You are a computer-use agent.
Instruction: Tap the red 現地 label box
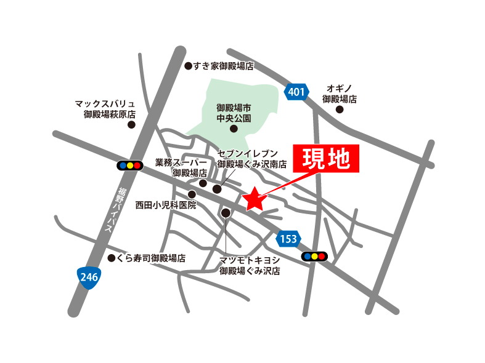coord(325,159)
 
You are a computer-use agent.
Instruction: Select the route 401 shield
coord(296,92)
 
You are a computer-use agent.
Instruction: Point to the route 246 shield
coord(89,277)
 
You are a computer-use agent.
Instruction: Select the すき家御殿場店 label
coord(224,66)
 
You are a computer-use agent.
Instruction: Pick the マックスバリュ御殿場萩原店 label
coord(105,109)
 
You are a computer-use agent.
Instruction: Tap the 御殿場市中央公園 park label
coord(234,112)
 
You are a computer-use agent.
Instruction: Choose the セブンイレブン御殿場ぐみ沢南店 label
coord(252,159)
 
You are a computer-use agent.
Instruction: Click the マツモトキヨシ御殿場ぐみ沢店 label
coord(250,265)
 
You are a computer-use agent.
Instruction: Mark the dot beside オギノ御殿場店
coord(340,110)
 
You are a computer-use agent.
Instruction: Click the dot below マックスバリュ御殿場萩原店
coord(131,124)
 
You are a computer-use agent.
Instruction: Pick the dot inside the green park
coord(234,129)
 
